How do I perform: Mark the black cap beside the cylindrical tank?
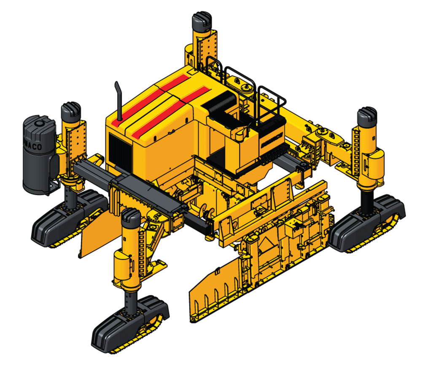pos(71,112)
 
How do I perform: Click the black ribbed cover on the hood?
pos(219,104)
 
